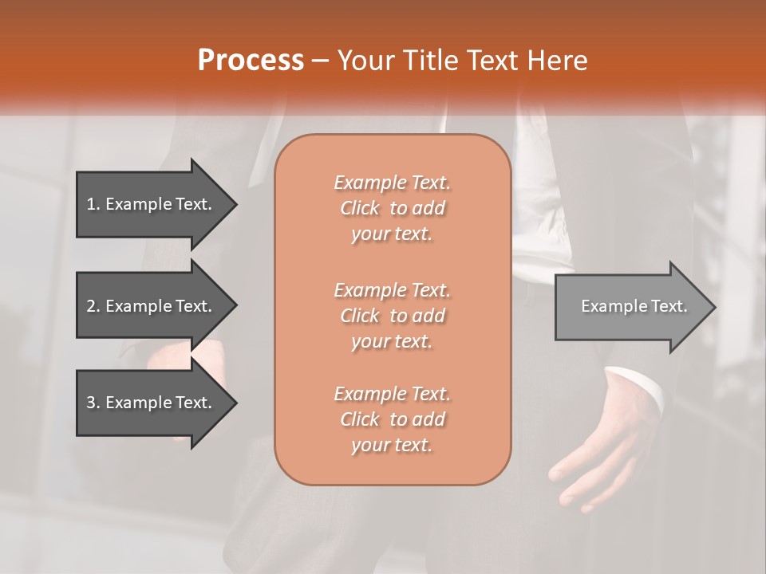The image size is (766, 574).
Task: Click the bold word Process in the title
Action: (251, 61)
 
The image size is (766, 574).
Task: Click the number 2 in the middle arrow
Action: (91, 306)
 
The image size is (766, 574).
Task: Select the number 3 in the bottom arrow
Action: (91, 403)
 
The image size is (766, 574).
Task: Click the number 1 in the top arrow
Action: (91, 204)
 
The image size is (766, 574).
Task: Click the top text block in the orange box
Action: (392, 208)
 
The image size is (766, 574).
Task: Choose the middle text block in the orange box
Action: (392, 316)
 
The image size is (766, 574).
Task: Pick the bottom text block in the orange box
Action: (392, 419)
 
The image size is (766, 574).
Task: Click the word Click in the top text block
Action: (360, 208)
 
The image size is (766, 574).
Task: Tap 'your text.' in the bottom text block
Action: (392, 445)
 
